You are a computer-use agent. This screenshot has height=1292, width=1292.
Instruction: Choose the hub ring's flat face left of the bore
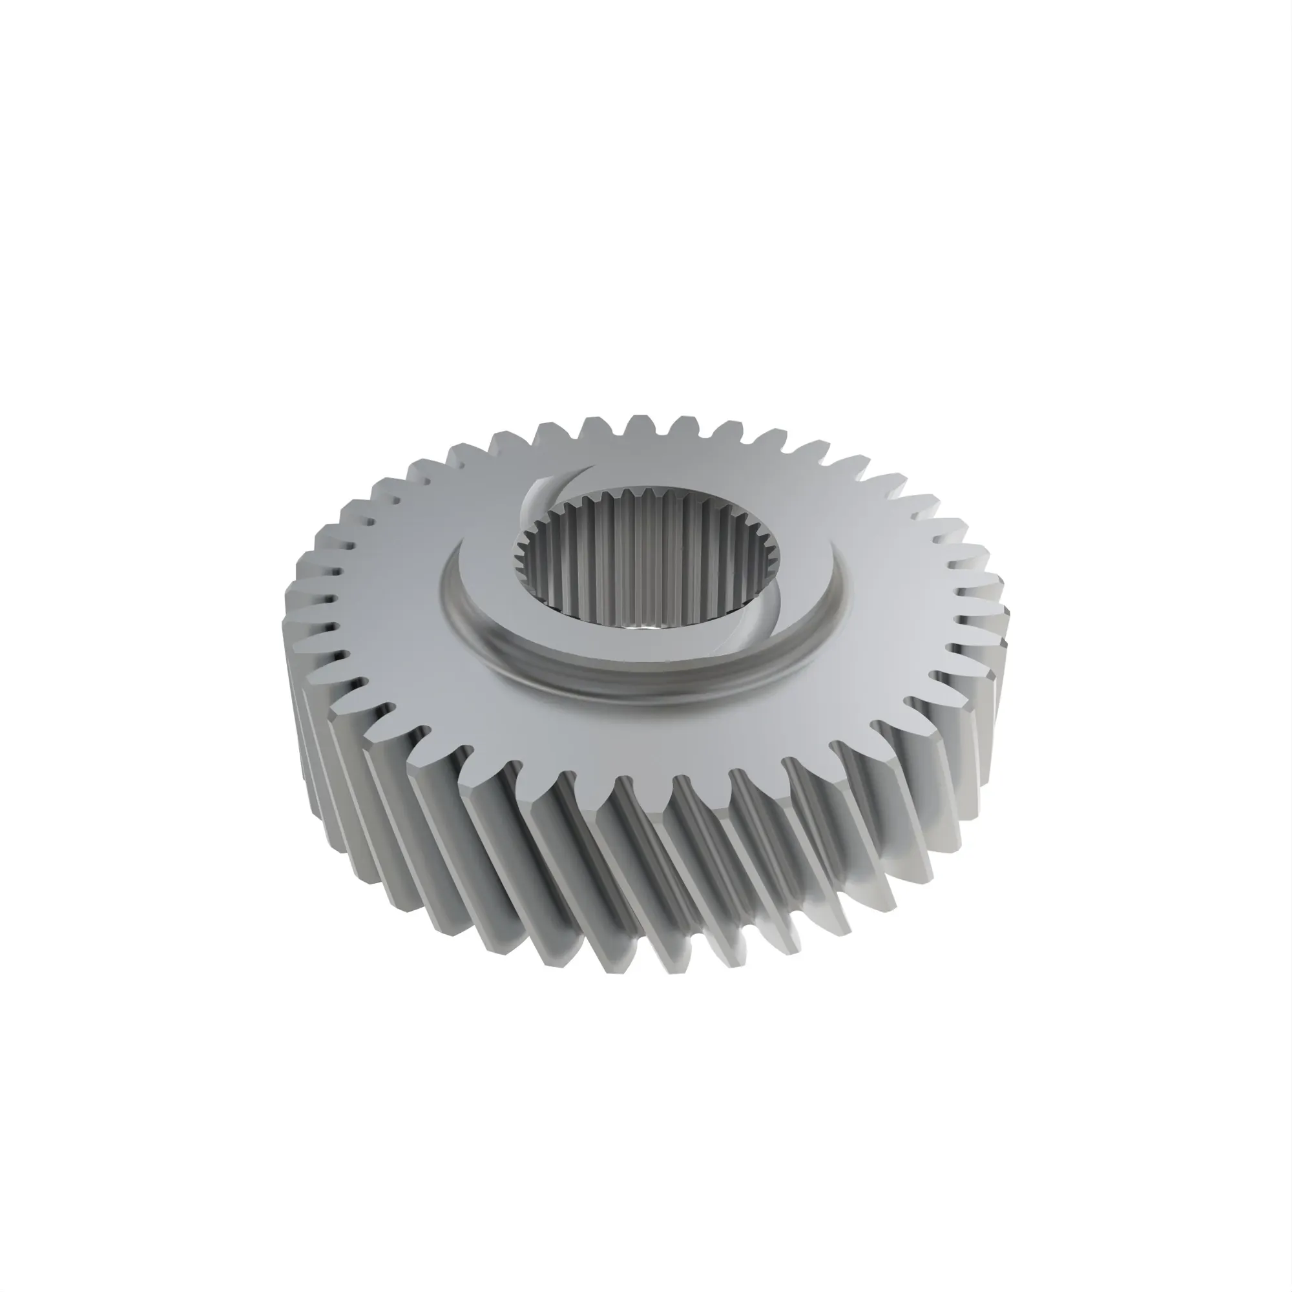click(481, 589)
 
